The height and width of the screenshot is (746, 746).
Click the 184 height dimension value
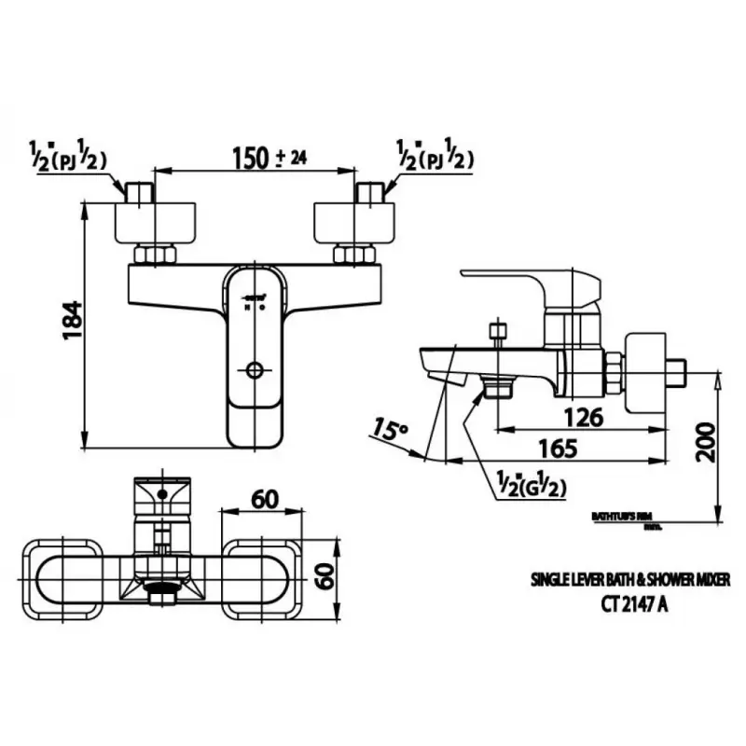tap(73, 321)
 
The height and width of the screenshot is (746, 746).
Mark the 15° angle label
tap(390, 429)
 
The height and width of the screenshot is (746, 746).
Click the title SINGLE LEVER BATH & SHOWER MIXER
tap(631, 579)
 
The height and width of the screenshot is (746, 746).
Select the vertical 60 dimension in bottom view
tap(325, 578)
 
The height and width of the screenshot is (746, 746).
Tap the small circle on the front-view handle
tap(253, 370)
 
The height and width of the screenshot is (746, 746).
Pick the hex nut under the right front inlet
tap(355, 255)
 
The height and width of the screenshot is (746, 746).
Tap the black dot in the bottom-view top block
tap(162, 493)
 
